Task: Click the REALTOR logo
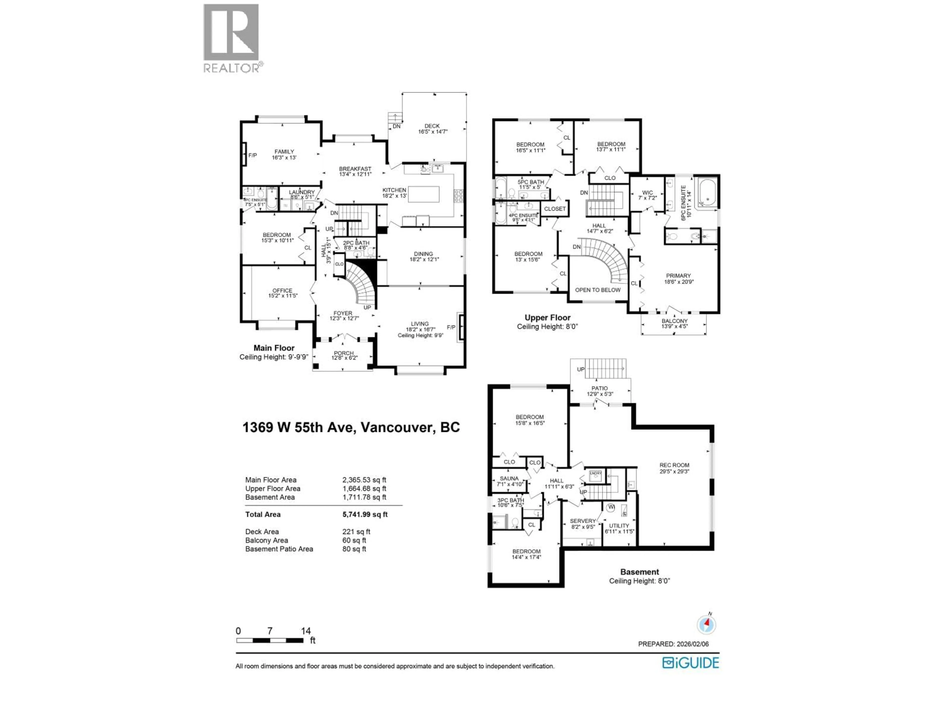[x=231, y=38]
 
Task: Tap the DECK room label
[x=432, y=126]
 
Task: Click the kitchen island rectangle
[x=424, y=194]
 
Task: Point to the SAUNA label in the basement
[x=509, y=478]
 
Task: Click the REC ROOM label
[x=674, y=465]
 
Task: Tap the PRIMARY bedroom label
[x=679, y=276]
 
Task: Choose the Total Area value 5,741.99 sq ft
[x=365, y=514]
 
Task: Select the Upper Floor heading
[x=547, y=318]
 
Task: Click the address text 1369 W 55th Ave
[x=299, y=427]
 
